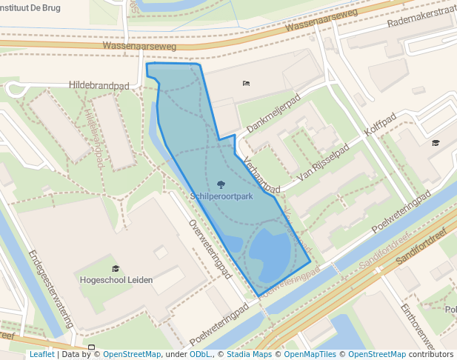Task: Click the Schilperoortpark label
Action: pyautogui.click(x=221, y=197)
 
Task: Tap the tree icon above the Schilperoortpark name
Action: pyautogui.click(x=221, y=184)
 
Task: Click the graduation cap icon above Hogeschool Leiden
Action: pyautogui.click(x=115, y=268)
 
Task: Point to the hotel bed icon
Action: pyautogui.click(x=246, y=83)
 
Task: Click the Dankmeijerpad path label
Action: pyautogui.click(x=273, y=114)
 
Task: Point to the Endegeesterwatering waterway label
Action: pyautogui.click(x=51, y=288)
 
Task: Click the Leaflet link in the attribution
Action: pyautogui.click(x=41, y=354)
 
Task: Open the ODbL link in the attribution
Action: pyautogui.click(x=200, y=354)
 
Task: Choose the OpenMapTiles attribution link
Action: pyautogui.click(x=312, y=354)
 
